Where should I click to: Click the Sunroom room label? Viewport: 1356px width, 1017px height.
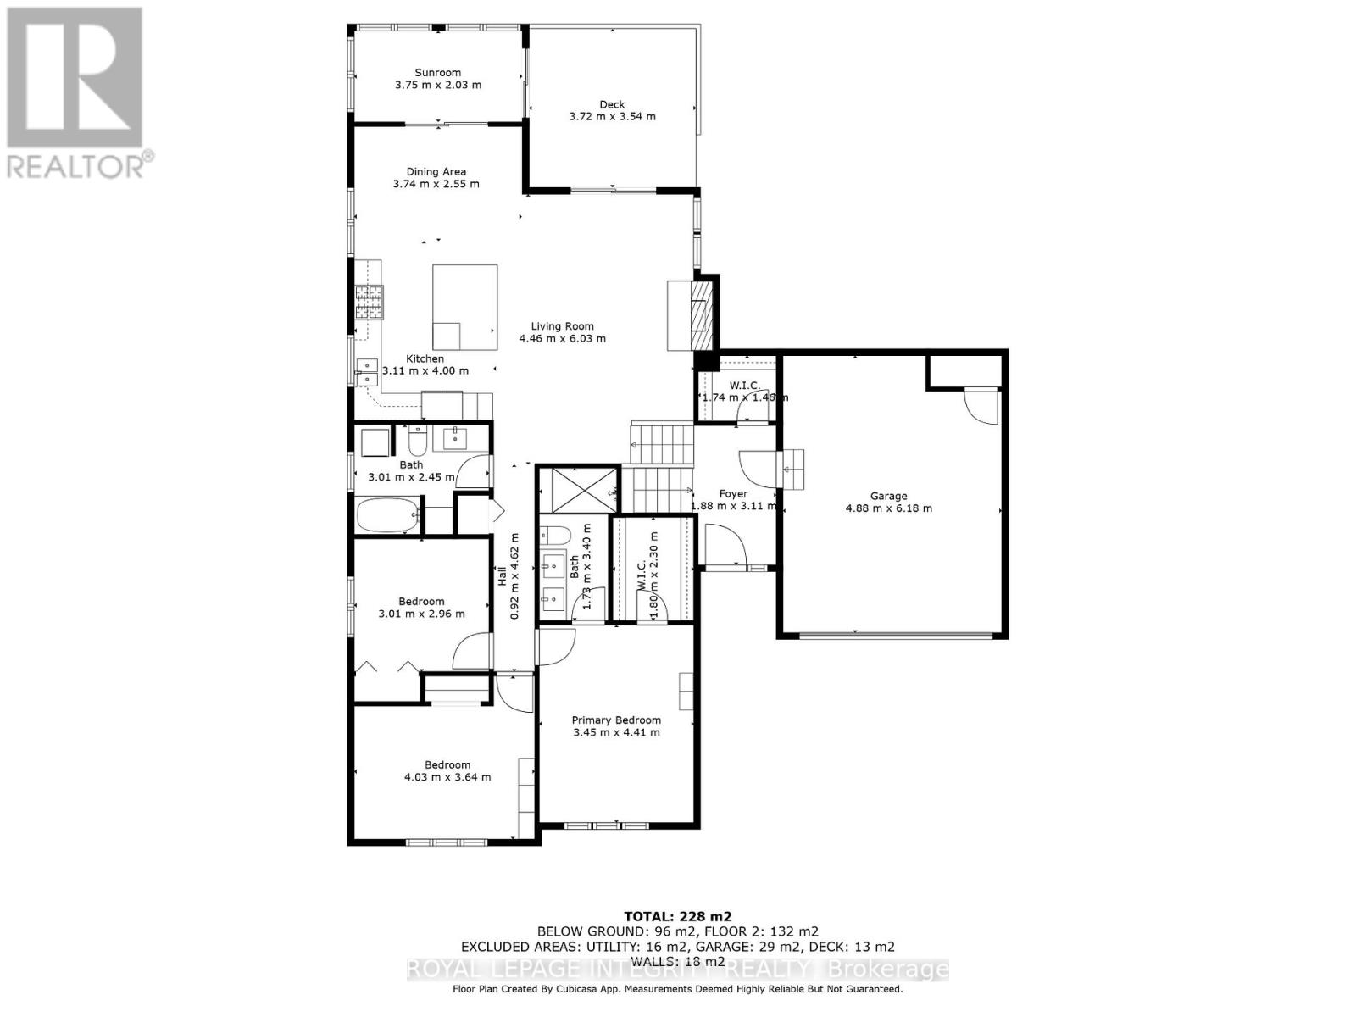(x=437, y=73)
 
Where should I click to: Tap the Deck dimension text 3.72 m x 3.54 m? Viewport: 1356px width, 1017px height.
(x=612, y=116)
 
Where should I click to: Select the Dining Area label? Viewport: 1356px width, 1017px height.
(x=436, y=171)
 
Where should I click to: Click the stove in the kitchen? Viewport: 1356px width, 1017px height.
(x=369, y=301)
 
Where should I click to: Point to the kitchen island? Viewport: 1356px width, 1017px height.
(x=464, y=307)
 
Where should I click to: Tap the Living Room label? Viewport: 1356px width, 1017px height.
(x=562, y=326)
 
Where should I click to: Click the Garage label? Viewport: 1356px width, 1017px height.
(x=888, y=496)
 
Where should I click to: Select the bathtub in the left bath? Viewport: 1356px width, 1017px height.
(x=388, y=514)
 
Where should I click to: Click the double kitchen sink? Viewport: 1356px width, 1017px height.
(x=366, y=372)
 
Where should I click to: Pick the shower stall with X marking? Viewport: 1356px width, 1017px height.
(x=579, y=490)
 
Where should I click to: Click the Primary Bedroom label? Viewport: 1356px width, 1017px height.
(x=615, y=720)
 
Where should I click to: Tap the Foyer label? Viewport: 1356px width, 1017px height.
(x=733, y=493)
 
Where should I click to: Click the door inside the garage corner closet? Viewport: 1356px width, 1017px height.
(x=983, y=407)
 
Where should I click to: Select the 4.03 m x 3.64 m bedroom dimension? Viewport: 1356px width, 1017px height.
(x=447, y=777)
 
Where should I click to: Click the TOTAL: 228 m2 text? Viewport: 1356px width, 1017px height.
(x=677, y=916)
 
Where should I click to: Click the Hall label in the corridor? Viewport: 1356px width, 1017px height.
(x=502, y=576)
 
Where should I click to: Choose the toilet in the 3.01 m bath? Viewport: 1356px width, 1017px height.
(x=417, y=441)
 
